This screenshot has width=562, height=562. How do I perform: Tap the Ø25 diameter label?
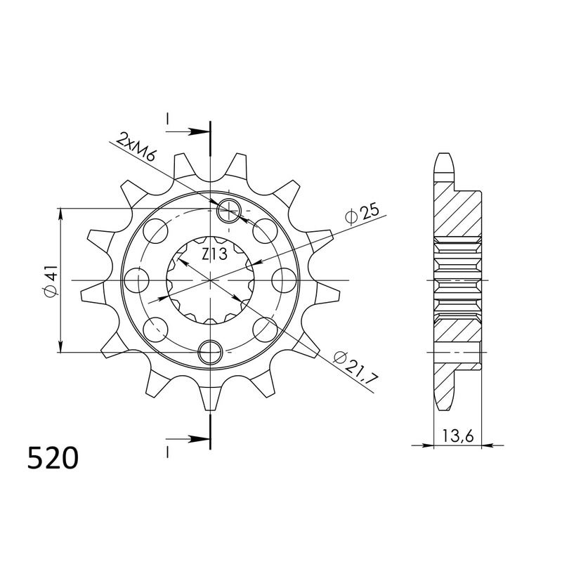pyautogui.click(x=363, y=212)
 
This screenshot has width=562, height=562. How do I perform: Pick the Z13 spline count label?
pyautogui.click(x=210, y=254)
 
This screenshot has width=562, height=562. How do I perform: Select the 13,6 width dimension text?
pyautogui.click(x=457, y=436)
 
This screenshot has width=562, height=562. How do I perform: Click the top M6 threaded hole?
pyautogui.click(x=230, y=209)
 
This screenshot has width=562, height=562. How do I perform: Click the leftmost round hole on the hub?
pyautogui.click(x=137, y=280)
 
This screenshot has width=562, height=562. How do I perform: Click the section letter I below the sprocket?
pyautogui.click(x=167, y=450)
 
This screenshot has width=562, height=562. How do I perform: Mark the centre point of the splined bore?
pyautogui.click(x=210, y=280)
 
